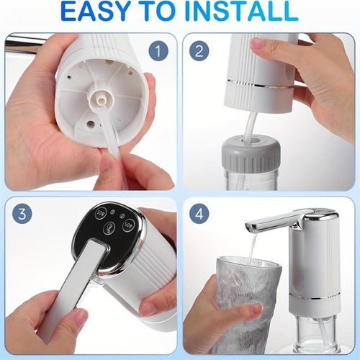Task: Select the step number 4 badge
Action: click(200, 215)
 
